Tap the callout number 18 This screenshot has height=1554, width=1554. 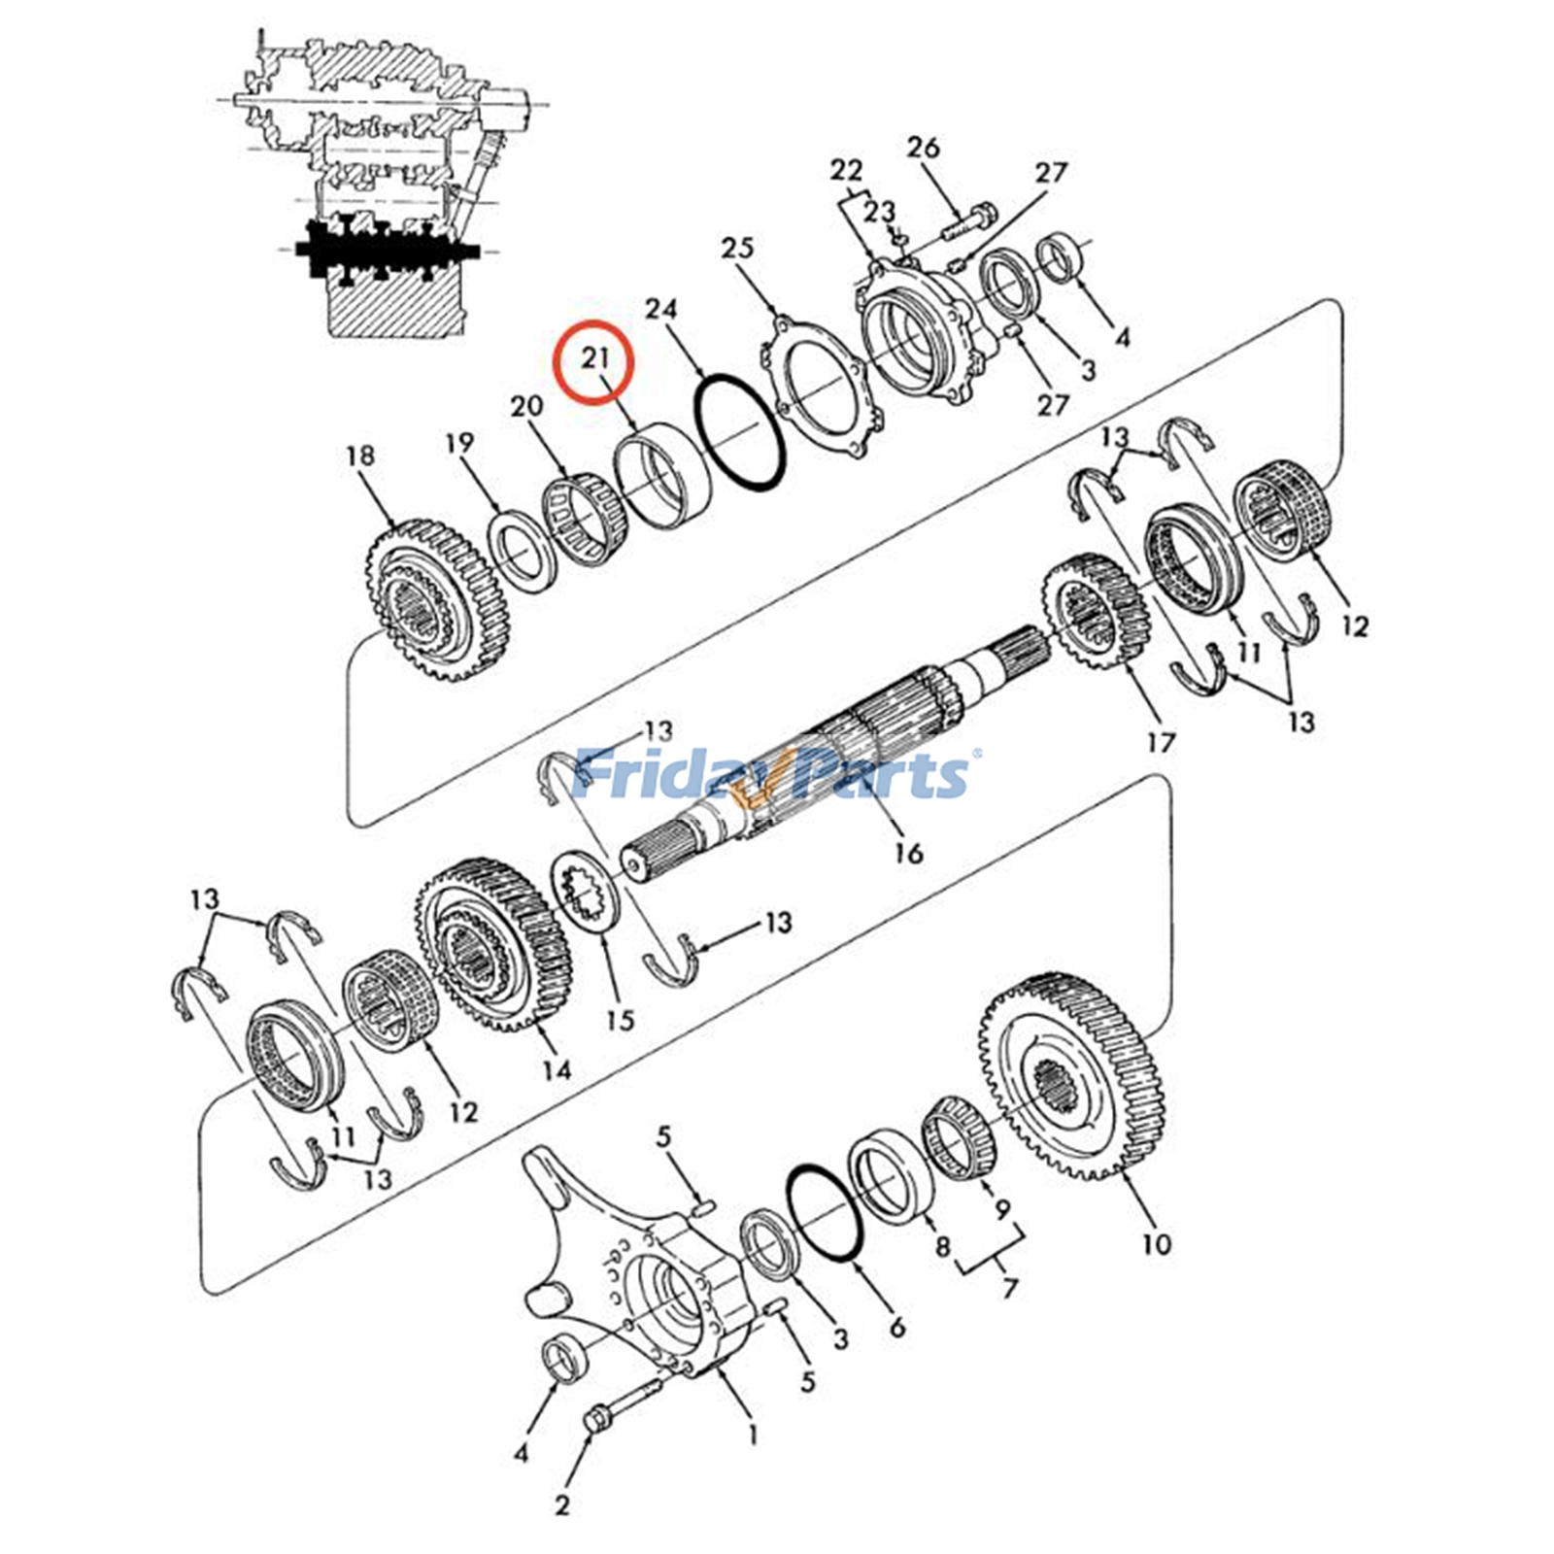point(359,456)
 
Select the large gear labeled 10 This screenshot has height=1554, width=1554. point(1073,1078)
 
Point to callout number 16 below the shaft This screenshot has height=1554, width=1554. point(908,853)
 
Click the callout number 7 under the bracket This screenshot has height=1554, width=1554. point(1010,1288)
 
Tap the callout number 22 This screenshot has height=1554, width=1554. point(846,171)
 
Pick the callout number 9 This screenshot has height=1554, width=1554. point(1001,1210)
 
